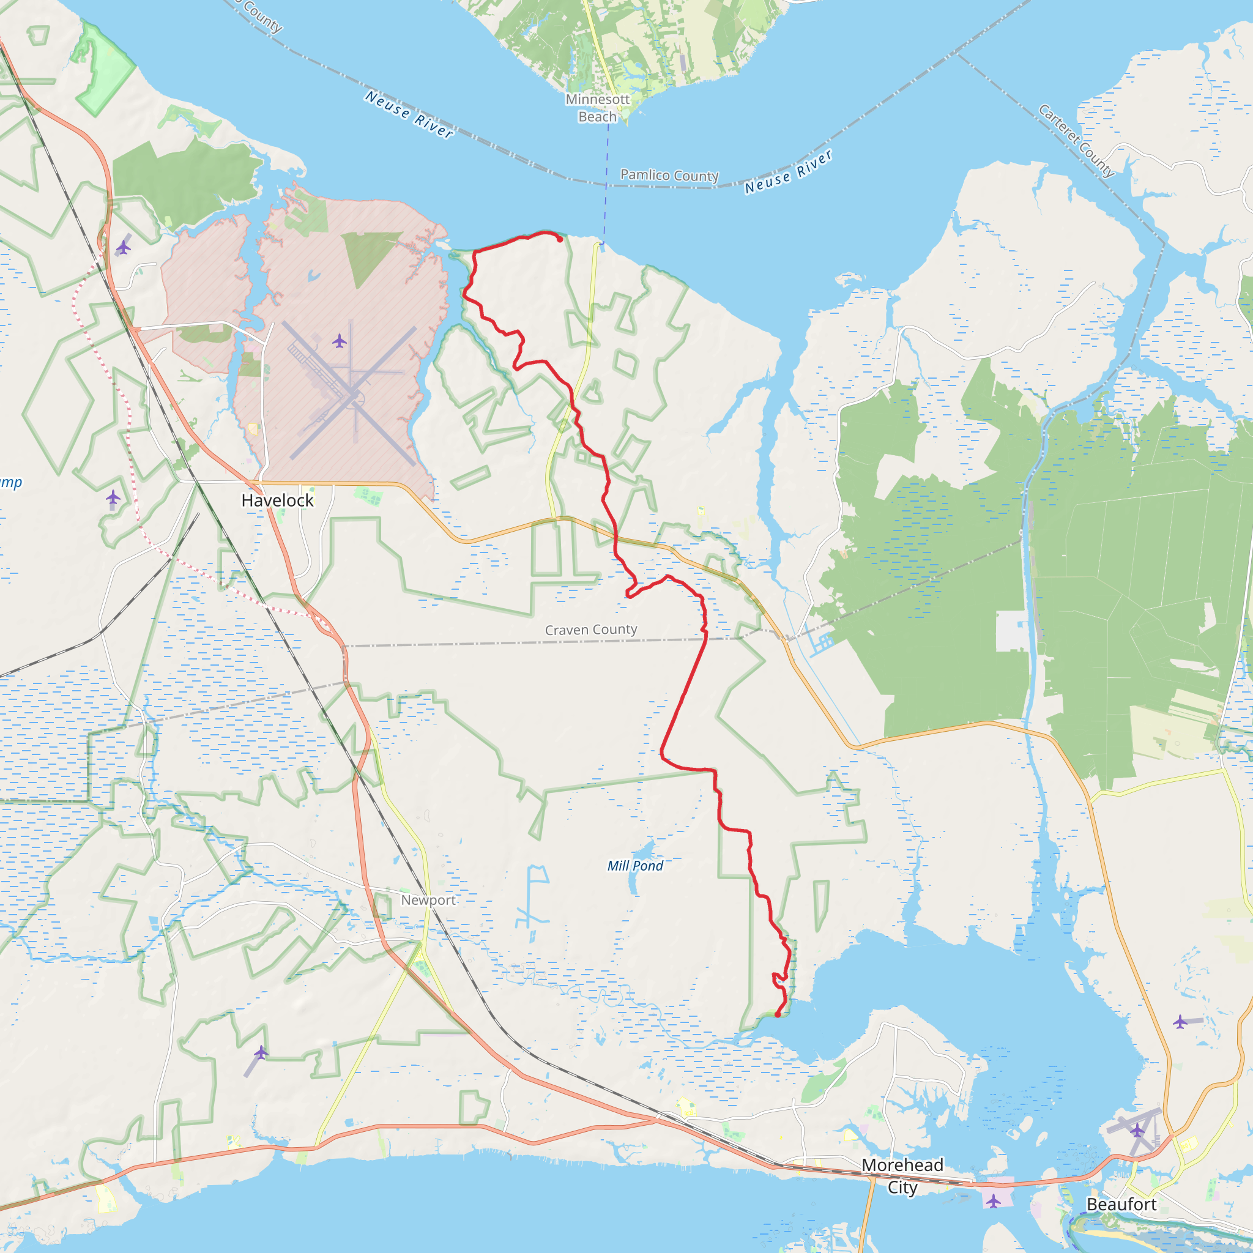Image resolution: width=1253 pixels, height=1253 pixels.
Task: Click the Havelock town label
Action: (277, 500)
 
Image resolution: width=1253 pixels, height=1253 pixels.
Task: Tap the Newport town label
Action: (428, 900)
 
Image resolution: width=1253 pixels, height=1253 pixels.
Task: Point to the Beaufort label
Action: (1121, 1204)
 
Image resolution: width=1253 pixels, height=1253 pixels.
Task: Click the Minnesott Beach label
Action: (597, 108)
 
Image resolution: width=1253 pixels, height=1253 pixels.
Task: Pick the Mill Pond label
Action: (635, 866)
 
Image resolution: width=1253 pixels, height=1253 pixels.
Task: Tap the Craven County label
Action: (591, 630)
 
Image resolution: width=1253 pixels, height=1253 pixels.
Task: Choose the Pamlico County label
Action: (669, 175)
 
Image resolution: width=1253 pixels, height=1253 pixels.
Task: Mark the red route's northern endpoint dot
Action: (560, 239)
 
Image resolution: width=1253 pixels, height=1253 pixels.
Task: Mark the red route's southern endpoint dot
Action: (778, 1014)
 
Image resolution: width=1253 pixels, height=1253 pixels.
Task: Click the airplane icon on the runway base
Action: (339, 341)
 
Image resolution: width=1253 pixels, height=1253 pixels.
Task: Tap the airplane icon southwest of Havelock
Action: (113, 497)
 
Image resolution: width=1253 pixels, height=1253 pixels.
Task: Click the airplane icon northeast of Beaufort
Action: (1180, 1022)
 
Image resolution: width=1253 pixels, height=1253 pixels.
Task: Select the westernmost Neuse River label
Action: (409, 114)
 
